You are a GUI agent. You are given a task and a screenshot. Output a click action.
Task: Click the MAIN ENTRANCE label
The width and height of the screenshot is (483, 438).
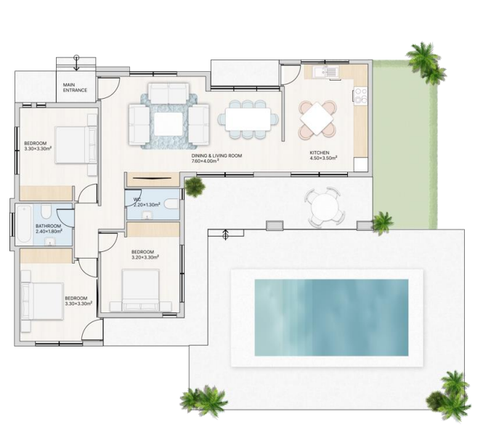coord(75,87)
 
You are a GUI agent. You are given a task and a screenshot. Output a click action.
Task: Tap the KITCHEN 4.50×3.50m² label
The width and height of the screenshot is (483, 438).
coord(323,155)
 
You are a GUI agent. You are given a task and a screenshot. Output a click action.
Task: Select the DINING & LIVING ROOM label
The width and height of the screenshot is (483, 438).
coord(216,158)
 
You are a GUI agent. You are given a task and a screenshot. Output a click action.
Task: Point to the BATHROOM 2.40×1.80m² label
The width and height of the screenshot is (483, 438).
coord(49,229)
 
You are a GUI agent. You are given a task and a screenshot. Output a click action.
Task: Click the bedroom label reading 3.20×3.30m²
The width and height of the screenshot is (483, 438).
coord(145,255)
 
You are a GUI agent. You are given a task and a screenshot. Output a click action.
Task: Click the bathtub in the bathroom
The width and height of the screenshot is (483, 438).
coord(24,224)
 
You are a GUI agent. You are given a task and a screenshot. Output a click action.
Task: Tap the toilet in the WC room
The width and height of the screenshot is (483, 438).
coord(171,204)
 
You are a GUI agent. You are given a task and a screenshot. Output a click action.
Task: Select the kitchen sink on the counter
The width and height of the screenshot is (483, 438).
coord(325,72)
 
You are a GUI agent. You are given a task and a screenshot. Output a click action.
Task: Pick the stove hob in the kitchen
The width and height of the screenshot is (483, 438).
coord(360,95)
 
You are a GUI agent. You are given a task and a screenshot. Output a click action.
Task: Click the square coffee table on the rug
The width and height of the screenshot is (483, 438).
coord(169,123)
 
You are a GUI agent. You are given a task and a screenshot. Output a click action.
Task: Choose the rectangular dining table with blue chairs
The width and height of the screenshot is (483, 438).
coord(248,119)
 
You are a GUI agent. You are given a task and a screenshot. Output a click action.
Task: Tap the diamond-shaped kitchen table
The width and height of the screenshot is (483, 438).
coord(317,119)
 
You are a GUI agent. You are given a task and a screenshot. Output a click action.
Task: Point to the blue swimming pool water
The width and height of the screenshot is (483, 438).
coord(331,317)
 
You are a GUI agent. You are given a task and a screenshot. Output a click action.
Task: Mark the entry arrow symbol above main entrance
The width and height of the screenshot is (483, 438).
coord(76,63)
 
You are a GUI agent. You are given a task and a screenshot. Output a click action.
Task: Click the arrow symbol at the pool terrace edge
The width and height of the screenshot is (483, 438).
coord(225,235)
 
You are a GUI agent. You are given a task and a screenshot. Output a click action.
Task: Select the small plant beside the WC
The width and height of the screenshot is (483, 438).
coord(195,187)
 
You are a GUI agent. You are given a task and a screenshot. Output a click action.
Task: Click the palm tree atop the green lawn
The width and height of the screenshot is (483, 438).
coord(426,63)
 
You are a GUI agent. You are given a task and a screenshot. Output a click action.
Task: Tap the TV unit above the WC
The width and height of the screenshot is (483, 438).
coord(153,179)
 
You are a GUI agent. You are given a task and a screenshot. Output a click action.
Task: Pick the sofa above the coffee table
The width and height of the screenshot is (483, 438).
coord(169,93)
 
